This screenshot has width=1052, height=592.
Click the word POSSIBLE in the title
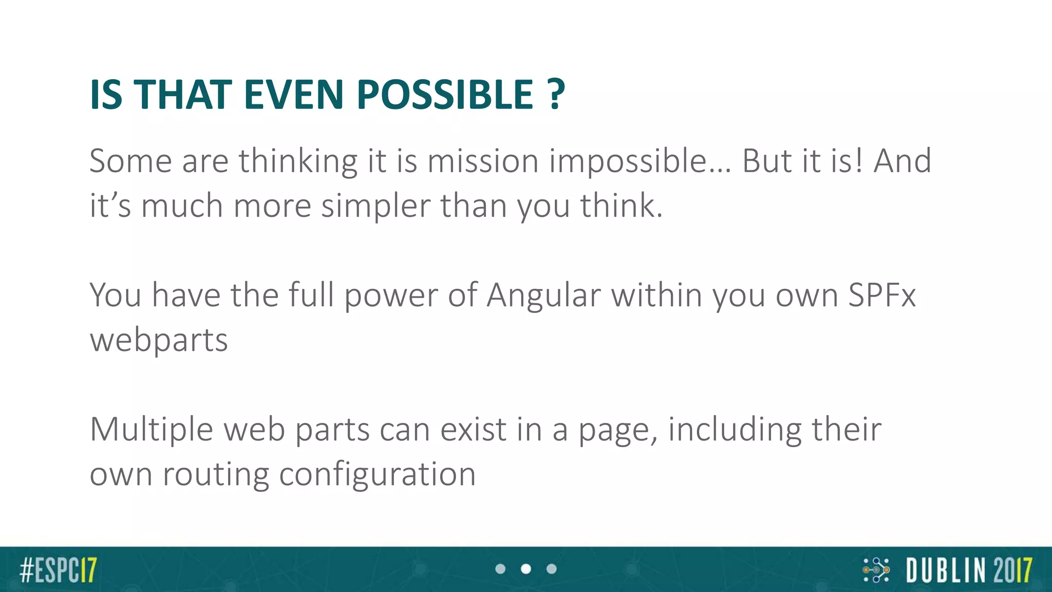tap(445, 95)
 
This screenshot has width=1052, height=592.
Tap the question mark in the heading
tap(555, 95)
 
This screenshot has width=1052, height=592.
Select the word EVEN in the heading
tap(293, 95)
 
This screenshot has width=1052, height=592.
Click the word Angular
tap(543, 295)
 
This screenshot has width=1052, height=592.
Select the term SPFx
tap(881, 295)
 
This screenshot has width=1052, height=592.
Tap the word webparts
tap(159, 341)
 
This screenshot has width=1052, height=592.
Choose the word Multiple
tap(151, 430)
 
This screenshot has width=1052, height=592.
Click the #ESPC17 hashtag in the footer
tap(58, 570)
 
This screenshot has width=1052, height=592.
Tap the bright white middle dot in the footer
tap(526, 569)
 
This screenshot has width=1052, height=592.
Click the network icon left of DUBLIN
tap(876, 570)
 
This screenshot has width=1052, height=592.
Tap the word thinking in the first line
tap(298, 161)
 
